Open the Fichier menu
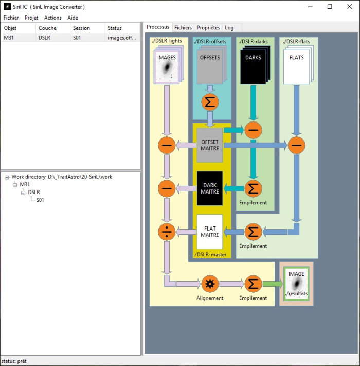(x=11, y=18)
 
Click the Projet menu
(x=31, y=18)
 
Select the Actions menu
(x=52, y=18)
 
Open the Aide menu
(x=73, y=18)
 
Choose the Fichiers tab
(x=183, y=27)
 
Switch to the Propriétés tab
(x=208, y=27)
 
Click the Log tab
(x=229, y=27)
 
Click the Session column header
(x=81, y=28)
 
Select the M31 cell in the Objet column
(x=9, y=38)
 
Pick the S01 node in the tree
(x=40, y=200)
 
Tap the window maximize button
(x=330, y=7)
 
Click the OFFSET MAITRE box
(x=210, y=145)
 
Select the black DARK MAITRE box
(x=210, y=189)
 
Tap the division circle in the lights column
(x=167, y=232)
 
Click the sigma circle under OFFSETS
(x=210, y=102)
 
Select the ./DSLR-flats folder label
(x=297, y=41)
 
